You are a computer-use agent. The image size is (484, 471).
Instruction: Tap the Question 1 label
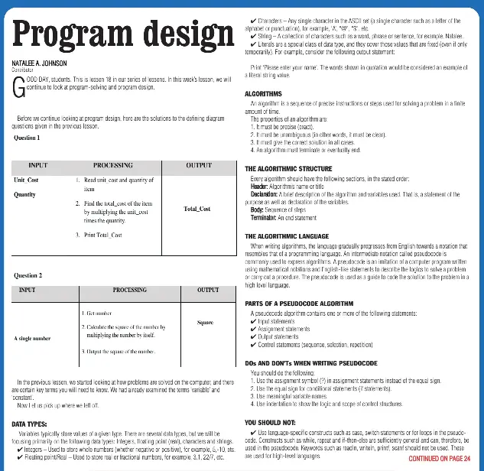[28, 138]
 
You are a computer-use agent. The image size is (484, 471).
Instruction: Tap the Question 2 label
[28, 274]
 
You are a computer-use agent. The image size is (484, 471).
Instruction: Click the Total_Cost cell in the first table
[197, 208]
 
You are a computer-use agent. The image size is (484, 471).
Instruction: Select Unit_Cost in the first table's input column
[26, 180]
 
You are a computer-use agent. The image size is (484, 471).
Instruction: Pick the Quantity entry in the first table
[24, 194]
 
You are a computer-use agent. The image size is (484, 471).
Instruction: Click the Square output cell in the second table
[205, 323]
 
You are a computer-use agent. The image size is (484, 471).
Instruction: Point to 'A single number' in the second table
[32, 337]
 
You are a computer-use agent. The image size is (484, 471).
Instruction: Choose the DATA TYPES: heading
[31, 422]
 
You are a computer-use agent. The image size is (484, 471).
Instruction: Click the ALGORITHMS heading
[263, 93]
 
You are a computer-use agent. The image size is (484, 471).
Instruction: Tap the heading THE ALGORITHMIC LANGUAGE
[288, 216]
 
